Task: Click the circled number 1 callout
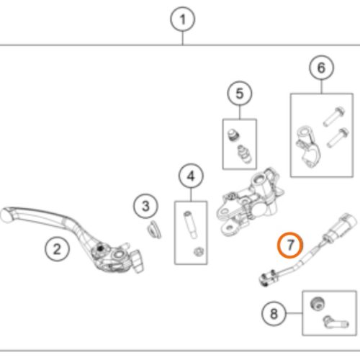click(183, 19)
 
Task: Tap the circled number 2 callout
click(57, 249)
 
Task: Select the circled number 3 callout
click(146, 206)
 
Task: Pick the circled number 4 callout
click(191, 176)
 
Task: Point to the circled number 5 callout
click(240, 94)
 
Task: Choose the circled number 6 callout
click(321, 68)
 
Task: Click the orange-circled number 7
click(290, 245)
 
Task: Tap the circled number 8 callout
click(274, 313)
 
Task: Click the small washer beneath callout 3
click(154, 230)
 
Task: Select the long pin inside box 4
click(190, 225)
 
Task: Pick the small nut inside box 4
click(199, 251)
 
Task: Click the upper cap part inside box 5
click(233, 135)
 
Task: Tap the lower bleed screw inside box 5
click(244, 153)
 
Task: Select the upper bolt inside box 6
click(334, 117)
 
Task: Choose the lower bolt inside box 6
click(338, 138)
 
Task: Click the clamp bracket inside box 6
click(307, 146)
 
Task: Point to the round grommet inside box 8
click(317, 304)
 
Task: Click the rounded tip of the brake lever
click(5, 216)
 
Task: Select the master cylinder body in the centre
click(250, 202)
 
